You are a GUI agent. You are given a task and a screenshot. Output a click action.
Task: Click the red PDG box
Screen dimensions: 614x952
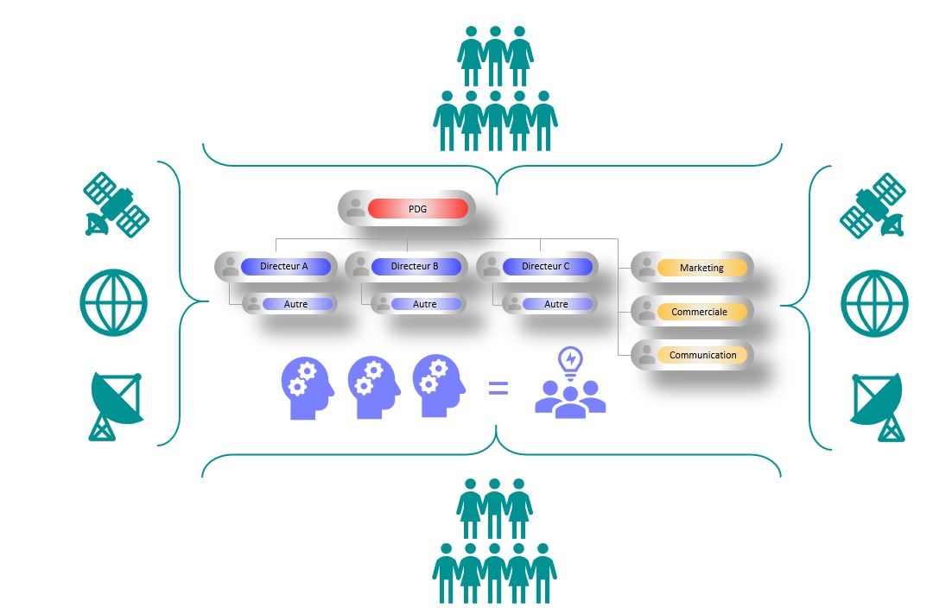pyautogui.click(x=417, y=209)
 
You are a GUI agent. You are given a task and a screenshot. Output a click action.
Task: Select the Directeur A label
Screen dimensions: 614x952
pyautogui.click(x=284, y=267)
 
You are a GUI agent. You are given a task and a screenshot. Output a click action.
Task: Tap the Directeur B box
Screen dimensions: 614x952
pyautogui.click(x=415, y=267)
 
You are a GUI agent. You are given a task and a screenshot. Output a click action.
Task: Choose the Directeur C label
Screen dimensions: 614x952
pyautogui.click(x=546, y=267)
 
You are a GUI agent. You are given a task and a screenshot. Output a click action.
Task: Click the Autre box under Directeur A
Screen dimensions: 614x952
pyautogui.click(x=296, y=304)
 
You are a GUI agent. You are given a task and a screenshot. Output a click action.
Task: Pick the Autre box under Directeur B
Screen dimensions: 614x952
pyautogui.click(x=424, y=304)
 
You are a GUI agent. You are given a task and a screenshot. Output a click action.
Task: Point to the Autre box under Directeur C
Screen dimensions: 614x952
pyautogui.click(x=556, y=304)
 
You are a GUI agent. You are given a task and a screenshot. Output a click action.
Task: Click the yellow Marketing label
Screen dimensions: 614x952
pyautogui.click(x=701, y=269)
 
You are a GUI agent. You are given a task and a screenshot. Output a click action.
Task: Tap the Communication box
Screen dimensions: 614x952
pyautogui.click(x=702, y=355)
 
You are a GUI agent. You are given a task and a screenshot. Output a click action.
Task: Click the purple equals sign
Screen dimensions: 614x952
pyautogui.click(x=498, y=389)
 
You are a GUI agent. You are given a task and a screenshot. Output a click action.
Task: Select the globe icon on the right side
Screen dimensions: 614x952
pyautogui.click(x=874, y=303)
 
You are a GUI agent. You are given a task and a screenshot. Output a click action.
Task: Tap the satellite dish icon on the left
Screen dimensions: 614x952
pyautogui.click(x=116, y=406)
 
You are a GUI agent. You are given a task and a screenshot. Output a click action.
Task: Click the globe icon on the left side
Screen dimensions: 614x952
pyautogui.click(x=113, y=303)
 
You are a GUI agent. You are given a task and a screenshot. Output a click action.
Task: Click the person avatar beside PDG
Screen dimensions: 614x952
pyautogui.click(x=355, y=208)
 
